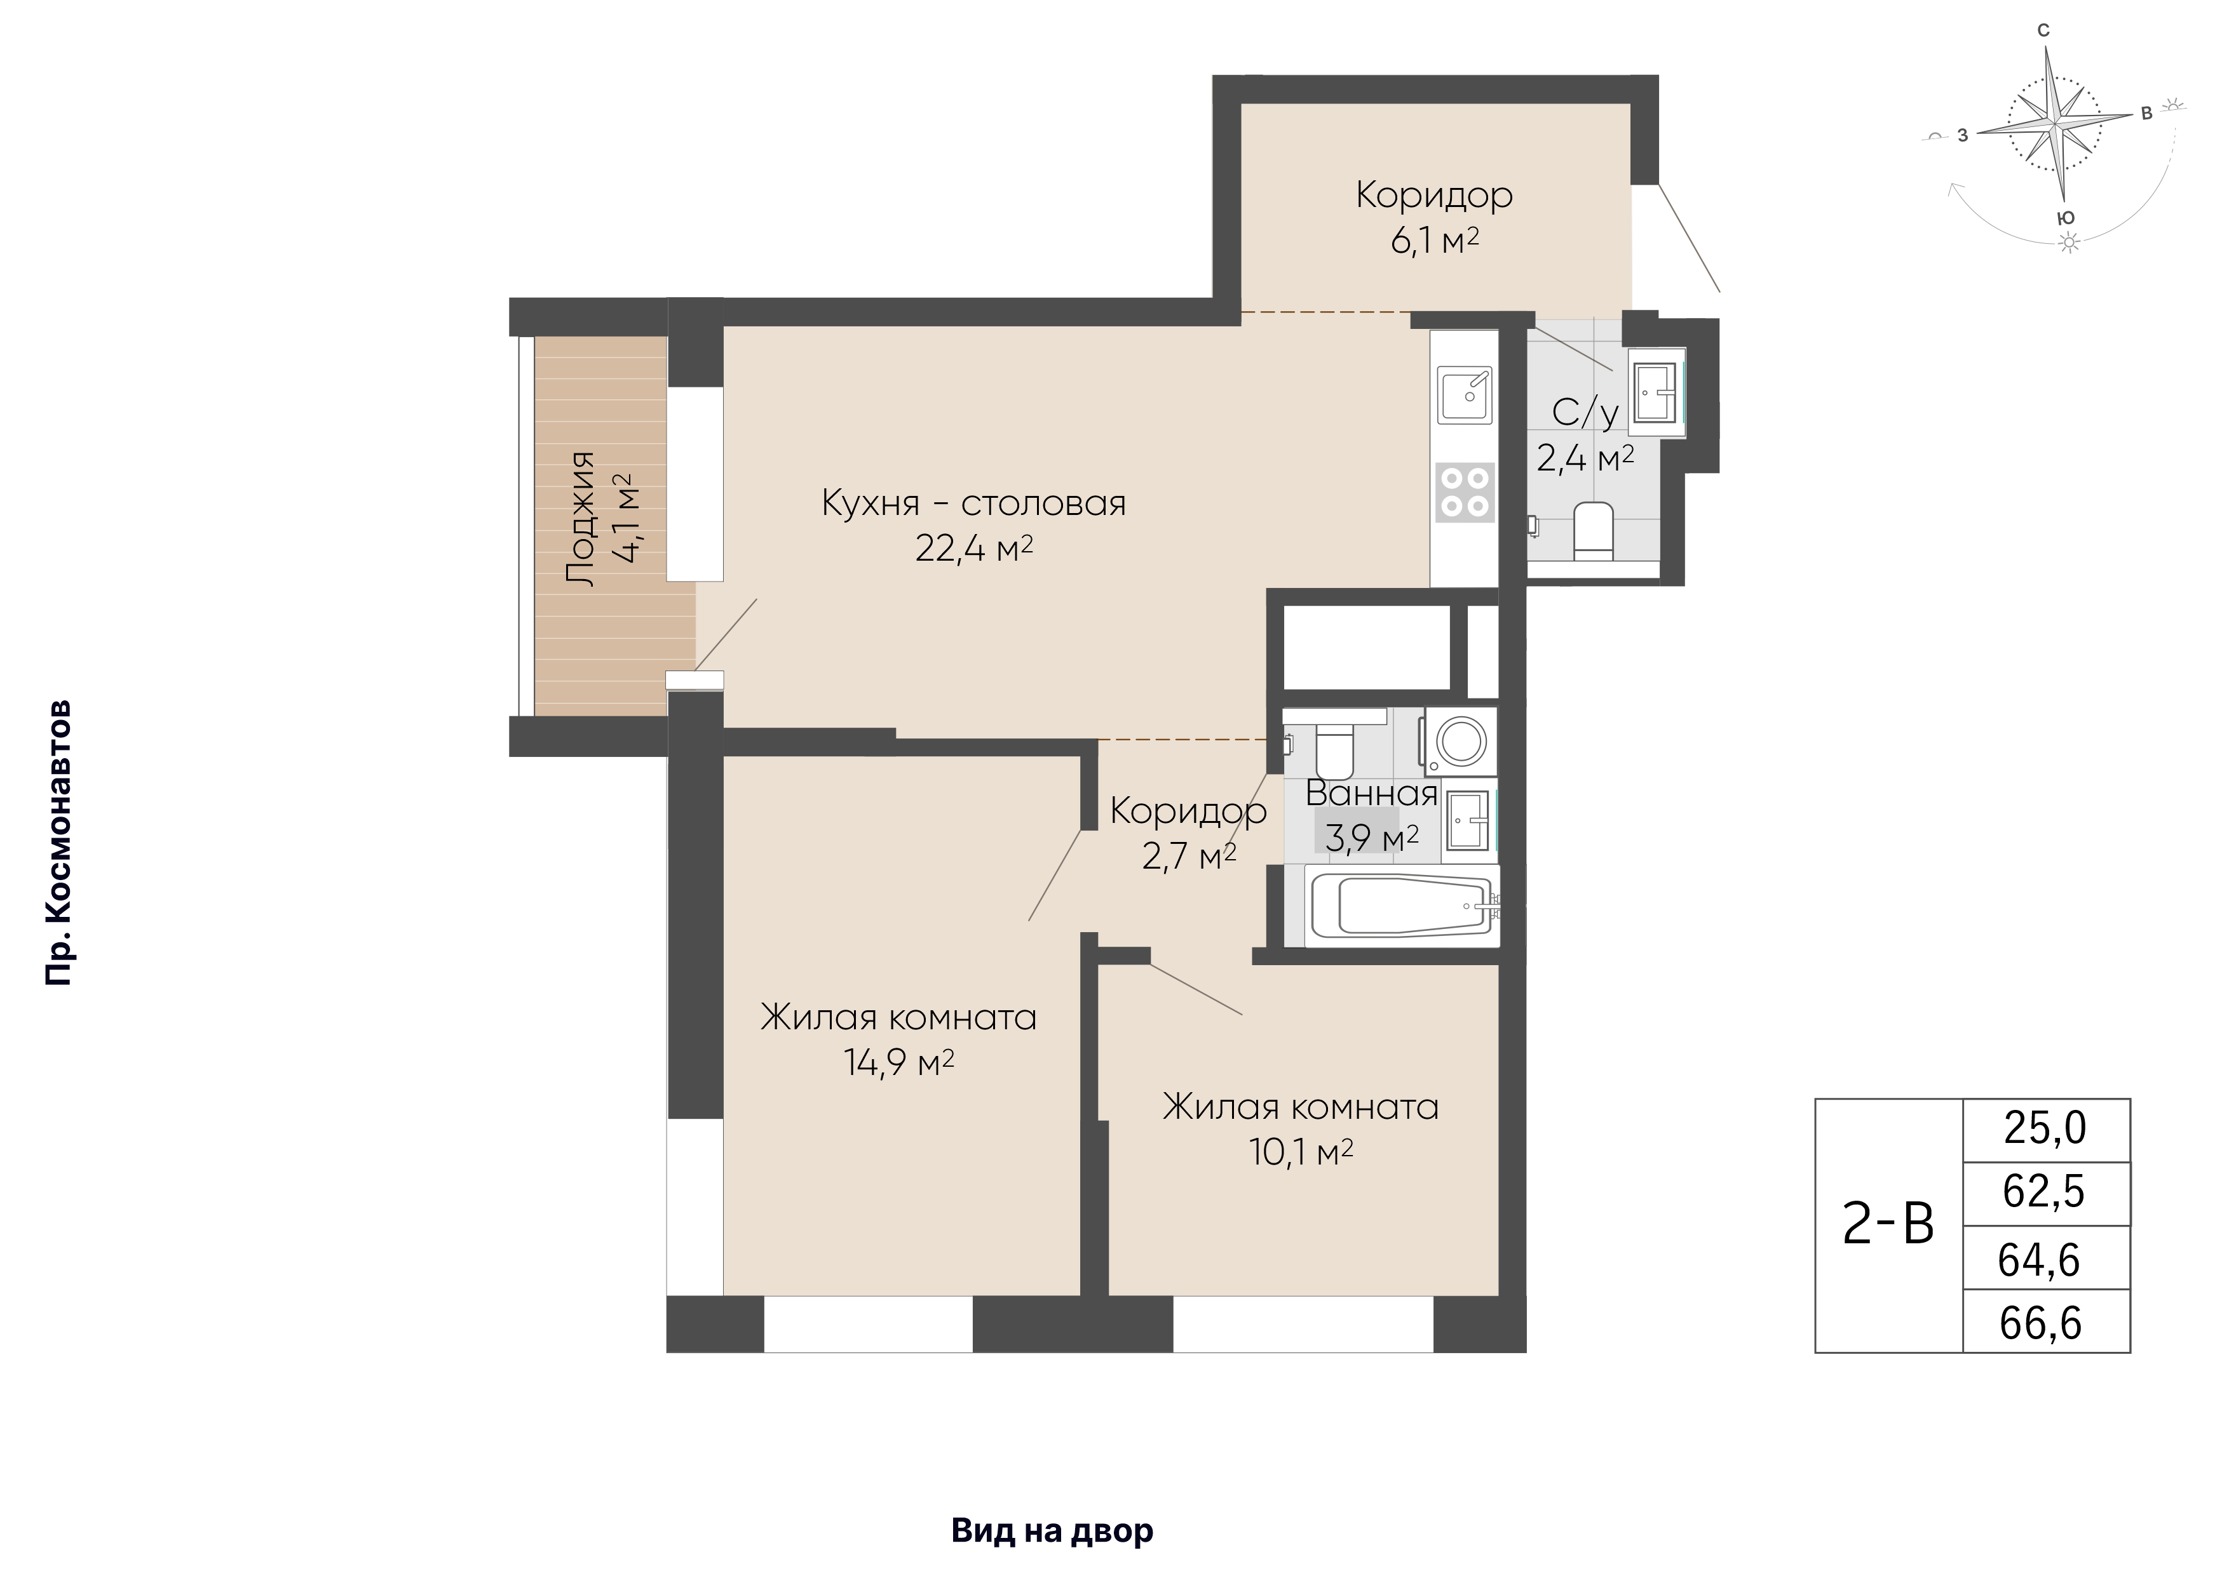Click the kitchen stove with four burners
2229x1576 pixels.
pos(1465,492)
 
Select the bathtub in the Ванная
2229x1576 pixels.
pos(1402,905)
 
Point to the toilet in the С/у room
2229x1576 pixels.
pos(1592,531)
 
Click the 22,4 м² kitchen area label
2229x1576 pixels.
pos(973,549)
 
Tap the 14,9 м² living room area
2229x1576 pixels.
pos(899,1063)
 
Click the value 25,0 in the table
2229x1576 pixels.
pos(2045,1128)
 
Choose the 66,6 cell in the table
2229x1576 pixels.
pos(2041,1323)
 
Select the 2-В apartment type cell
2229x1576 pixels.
pos(1889,1225)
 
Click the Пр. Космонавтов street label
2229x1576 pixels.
pos(59,843)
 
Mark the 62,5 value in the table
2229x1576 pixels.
pos(2043,1192)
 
